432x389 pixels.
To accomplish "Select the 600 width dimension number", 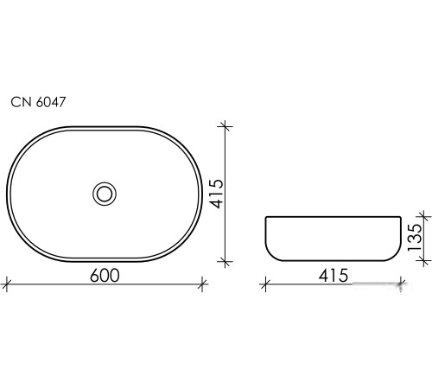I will tap(103, 275).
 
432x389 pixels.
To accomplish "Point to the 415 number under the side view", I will tap(332, 276).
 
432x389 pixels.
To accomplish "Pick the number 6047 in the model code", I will tap(50, 102).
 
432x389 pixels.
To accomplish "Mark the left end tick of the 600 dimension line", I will tap(7, 283).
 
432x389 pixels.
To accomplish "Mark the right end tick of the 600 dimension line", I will tap(204, 283).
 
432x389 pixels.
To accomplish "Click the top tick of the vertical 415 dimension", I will tap(226, 127).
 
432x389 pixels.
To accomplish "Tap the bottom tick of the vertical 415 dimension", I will tap(226, 260).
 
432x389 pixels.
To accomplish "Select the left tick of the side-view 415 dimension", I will tap(265, 283).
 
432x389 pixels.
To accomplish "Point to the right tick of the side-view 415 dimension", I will tap(401, 283).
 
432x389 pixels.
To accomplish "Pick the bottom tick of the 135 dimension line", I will tap(422, 260).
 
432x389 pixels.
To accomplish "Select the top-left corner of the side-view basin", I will tap(265, 217).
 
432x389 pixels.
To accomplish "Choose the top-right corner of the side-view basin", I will tap(401, 217).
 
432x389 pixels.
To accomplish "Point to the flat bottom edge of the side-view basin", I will tap(333, 260).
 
